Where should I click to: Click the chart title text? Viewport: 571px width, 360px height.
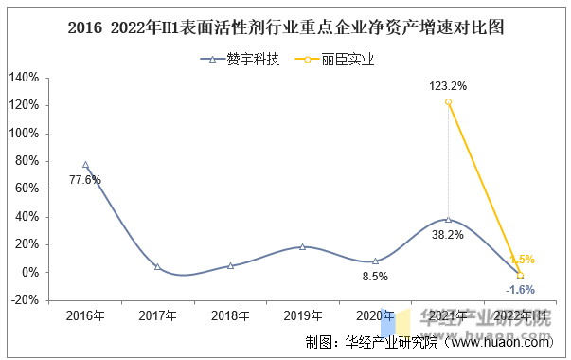point(285,27)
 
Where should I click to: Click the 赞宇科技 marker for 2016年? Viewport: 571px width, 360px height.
point(85,165)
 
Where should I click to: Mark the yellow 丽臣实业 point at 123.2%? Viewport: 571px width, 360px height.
point(448,101)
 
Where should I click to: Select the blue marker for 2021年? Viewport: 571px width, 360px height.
point(448,219)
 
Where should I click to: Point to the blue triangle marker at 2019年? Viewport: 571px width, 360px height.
point(303,246)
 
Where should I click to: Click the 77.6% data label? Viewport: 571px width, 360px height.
point(85,180)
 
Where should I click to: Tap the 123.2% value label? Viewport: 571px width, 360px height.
point(448,86)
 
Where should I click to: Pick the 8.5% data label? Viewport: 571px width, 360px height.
point(376,277)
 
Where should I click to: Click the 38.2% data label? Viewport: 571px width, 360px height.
point(448,234)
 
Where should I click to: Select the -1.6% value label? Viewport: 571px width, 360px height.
point(520,289)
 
